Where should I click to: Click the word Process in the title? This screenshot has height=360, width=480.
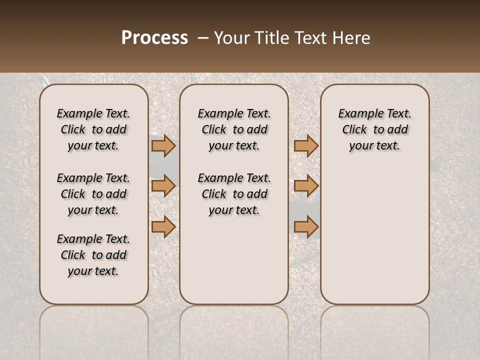tap(154, 38)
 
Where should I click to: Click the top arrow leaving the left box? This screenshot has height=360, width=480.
tap(163, 145)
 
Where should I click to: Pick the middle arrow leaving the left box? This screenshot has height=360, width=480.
tap(163, 186)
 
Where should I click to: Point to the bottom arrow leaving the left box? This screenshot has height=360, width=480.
tap(163, 226)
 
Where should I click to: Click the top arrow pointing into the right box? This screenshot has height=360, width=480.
tap(306, 145)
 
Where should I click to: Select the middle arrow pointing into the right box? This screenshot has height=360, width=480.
tap(306, 186)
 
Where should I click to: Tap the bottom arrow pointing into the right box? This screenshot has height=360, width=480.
tap(306, 226)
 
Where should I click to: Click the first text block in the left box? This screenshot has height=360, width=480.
tap(93, 129)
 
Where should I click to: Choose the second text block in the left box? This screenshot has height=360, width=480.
tap(93, 194)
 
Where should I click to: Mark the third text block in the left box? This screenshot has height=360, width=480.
tap(93, 255)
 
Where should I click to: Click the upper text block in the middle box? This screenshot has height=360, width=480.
tap(234, 129)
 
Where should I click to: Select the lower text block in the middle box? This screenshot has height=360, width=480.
tap(234, 194)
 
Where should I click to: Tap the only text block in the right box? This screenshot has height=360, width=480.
tap(374, 129)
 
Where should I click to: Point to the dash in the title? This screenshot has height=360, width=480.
tap(203, 38)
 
